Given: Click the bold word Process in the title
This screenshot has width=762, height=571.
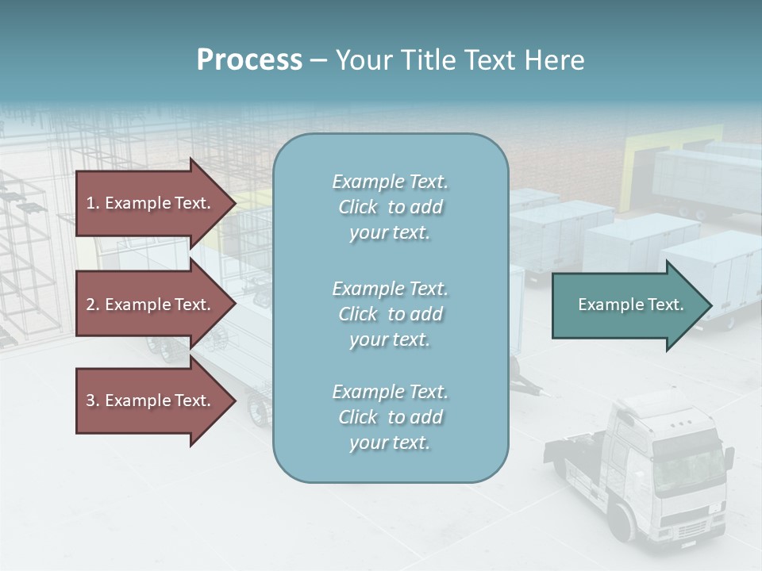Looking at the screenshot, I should click(249, 60).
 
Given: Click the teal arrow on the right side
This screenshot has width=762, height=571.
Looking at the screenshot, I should click(627, 305).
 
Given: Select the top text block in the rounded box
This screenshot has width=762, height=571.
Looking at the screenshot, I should click(390, 207).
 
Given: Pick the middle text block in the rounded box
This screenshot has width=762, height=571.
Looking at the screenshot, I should click(390, 314).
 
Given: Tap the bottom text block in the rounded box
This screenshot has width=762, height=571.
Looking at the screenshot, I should click(390, 417).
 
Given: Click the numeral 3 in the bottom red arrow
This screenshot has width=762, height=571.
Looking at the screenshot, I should click(90, 400).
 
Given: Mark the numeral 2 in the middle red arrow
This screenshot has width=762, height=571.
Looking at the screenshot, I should click(90, 305).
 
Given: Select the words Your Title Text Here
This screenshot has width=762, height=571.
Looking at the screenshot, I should click(460, 60).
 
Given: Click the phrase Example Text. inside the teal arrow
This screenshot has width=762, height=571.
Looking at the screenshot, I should click(630, 305).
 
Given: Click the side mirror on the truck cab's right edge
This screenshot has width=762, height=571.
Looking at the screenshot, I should click(729, 461).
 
